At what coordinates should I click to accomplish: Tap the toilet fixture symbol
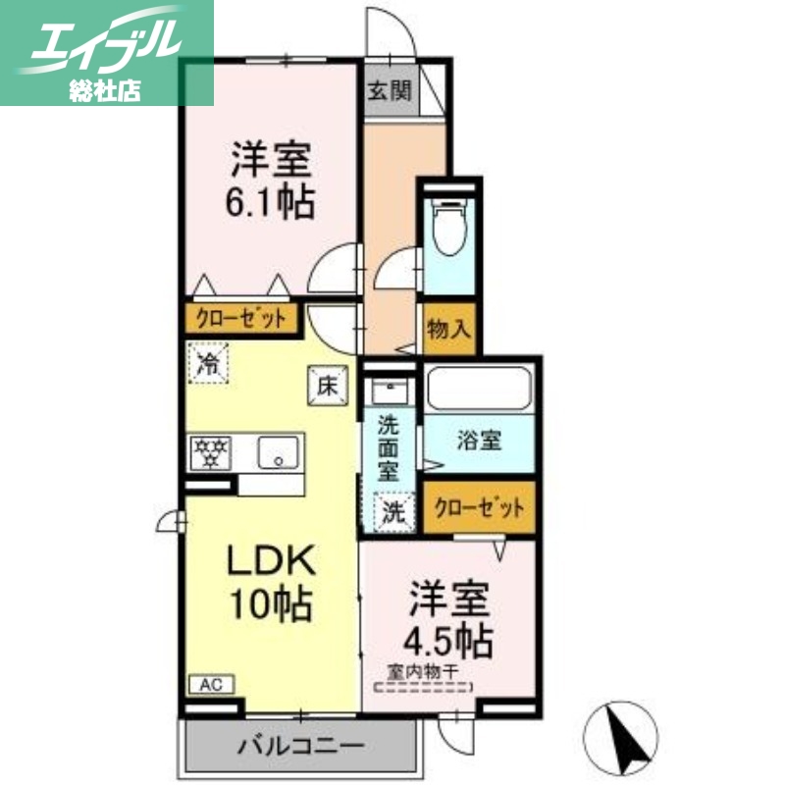pos(448,229)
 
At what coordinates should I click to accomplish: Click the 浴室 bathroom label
pos(478,441)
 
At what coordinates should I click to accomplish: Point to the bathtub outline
pos(479,390)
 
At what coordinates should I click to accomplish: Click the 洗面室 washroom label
pos(391,447)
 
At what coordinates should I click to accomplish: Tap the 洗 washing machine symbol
pos(392,511)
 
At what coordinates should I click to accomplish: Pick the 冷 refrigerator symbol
pos(208,364)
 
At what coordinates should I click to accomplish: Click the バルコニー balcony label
pos(301,747)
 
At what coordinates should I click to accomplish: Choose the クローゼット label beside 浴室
pos(479,508)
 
